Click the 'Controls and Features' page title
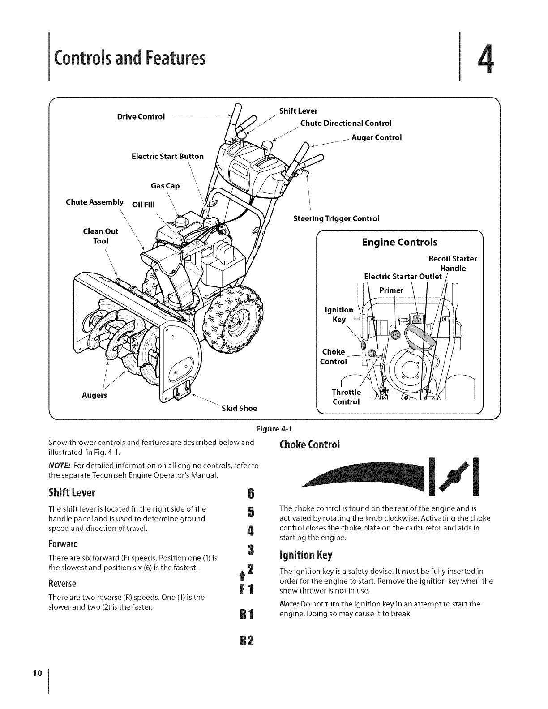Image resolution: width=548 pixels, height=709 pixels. [x=129, y=58]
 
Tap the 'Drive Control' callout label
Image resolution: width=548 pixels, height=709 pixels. [x=141, y=117]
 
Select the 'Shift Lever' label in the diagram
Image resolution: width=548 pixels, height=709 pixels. [x=298, y=111]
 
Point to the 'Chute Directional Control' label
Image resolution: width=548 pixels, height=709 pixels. [x=346, y=123]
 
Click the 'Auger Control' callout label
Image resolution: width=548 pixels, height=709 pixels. [x=377, y=137]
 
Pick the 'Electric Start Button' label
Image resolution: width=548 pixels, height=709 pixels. [x=167, y=156]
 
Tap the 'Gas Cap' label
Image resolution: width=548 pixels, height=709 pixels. [x=165, y=186]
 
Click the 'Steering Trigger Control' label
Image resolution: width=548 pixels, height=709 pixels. [x=336, y=218]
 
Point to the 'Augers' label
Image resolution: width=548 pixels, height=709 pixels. [x=94, y=396]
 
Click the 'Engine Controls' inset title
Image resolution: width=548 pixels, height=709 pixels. [x=399, y=243]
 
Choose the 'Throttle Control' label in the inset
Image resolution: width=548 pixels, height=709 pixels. [x=346, y=397]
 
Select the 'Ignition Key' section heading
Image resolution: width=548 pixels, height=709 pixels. [x=306, y=555]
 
